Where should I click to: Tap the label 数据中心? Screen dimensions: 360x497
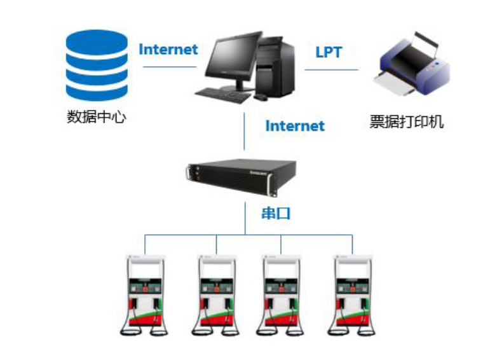coord(97,117)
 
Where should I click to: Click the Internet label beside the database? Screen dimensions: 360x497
coord(168,49)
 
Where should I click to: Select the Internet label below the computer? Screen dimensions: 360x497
coord(294,125)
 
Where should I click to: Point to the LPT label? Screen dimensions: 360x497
coord(329,52)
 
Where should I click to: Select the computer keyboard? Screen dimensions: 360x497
coord(223,95)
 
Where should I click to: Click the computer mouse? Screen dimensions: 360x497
coord(261,97)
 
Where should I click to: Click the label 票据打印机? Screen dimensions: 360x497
coord(407,121)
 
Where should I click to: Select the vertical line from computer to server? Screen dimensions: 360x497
coord(245,134)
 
